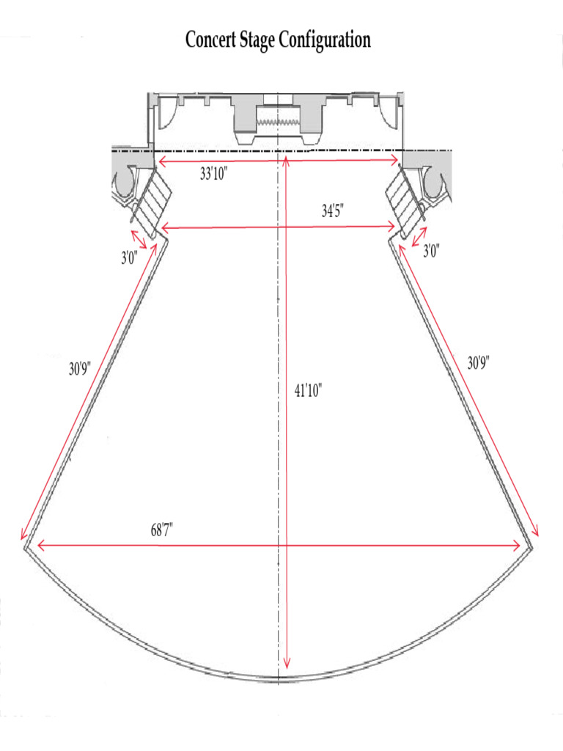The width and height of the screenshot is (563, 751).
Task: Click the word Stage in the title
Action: click(257, 40)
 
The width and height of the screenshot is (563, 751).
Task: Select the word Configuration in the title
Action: click(325, 40)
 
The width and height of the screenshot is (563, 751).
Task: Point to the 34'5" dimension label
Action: click(333, 211)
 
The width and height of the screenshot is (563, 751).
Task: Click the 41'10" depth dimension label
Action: click(308, 391)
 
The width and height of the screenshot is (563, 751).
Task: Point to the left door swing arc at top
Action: click(166, 114)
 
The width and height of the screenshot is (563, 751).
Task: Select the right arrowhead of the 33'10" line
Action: click(394, 160)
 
